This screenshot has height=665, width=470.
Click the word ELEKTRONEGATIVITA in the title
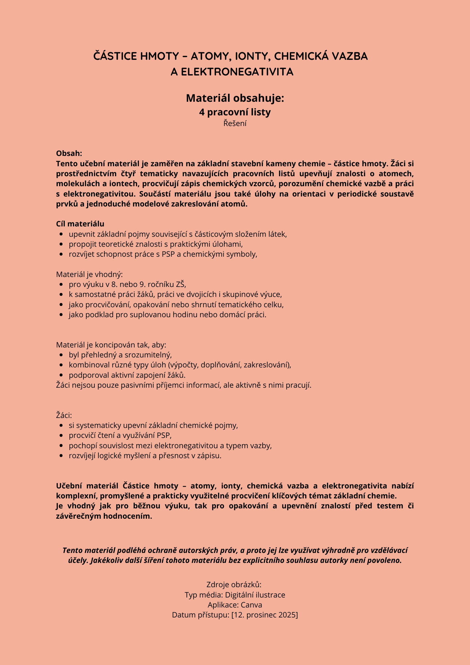pos(237,72)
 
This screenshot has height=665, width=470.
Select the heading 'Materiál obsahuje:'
pos(235,98)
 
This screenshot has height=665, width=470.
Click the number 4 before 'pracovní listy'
pos(202,112)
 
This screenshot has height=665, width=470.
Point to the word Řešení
pos(235,123)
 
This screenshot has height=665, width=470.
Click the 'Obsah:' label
pos(69,153)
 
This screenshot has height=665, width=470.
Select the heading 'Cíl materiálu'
pos(80,224)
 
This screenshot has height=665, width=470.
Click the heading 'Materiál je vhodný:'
pos(89,274)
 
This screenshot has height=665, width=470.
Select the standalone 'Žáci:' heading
pos(64,415)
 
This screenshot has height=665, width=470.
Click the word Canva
pos(252,605)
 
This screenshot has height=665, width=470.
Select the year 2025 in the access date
pos(288,615)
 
